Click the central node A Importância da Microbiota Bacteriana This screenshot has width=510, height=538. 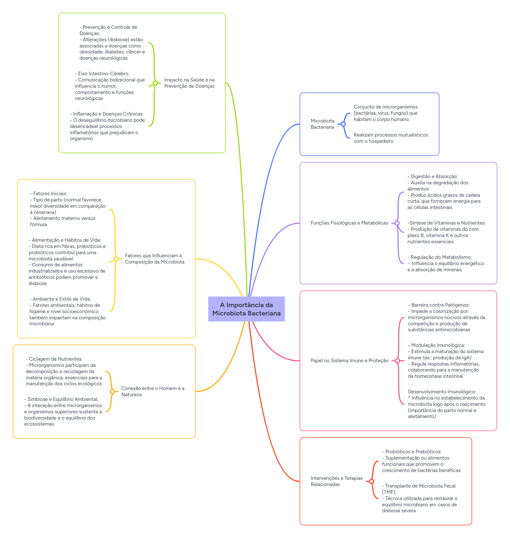click(246, 309)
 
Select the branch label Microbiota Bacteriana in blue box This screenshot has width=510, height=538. click(323, 124)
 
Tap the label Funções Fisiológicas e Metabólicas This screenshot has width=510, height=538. click(349, 223)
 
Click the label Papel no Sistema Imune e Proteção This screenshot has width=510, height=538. click(349, 360)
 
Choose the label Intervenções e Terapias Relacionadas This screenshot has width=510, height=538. click(336, 481)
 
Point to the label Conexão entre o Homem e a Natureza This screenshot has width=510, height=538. click(152, 391)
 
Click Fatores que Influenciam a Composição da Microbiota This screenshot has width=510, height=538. click(155, 259)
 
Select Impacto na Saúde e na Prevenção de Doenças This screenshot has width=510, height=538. click(189, 83)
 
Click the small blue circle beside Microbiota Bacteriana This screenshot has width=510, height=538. click(343, 124)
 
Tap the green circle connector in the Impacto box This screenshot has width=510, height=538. click(155, 83)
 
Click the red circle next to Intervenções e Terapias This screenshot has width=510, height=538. click(371, 481)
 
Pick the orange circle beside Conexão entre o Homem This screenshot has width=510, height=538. click(112, 392)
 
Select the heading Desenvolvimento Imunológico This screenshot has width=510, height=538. click(442, 392)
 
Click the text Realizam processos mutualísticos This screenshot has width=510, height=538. click(390, 135)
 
